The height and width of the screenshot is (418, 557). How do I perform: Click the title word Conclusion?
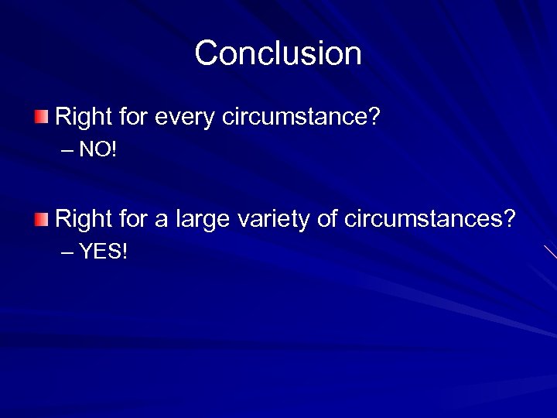coord(278,53)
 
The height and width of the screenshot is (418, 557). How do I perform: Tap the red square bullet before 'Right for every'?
coord(40,118)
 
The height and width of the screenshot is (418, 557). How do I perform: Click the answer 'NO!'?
coord(97,149)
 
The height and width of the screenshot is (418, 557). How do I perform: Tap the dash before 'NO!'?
coord(67,150)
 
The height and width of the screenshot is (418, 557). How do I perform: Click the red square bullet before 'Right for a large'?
coord(40,220)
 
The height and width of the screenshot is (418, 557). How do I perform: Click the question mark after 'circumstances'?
coord(508,219)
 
